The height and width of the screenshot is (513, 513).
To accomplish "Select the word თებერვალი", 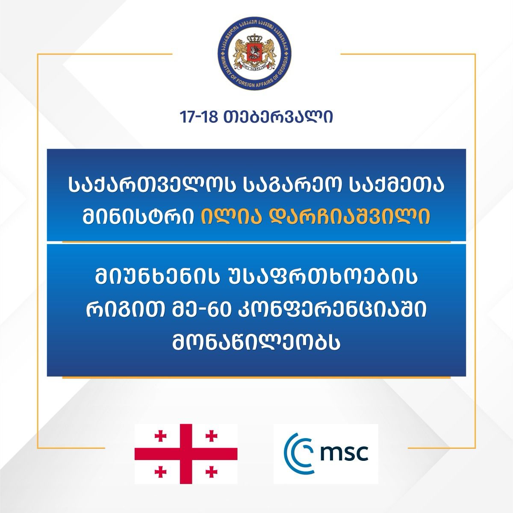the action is pos(278,118).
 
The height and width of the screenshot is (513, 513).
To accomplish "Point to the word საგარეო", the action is pos(292,187).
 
